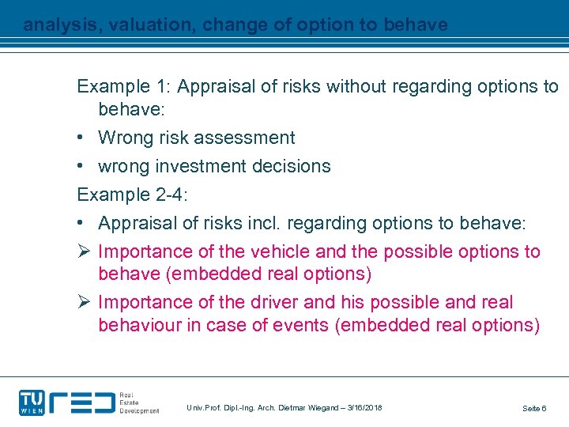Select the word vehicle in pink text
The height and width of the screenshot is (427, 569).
click(280, 252)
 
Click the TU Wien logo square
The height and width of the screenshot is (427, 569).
click(32, 402)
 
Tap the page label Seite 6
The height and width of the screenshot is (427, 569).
click(534, 408)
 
